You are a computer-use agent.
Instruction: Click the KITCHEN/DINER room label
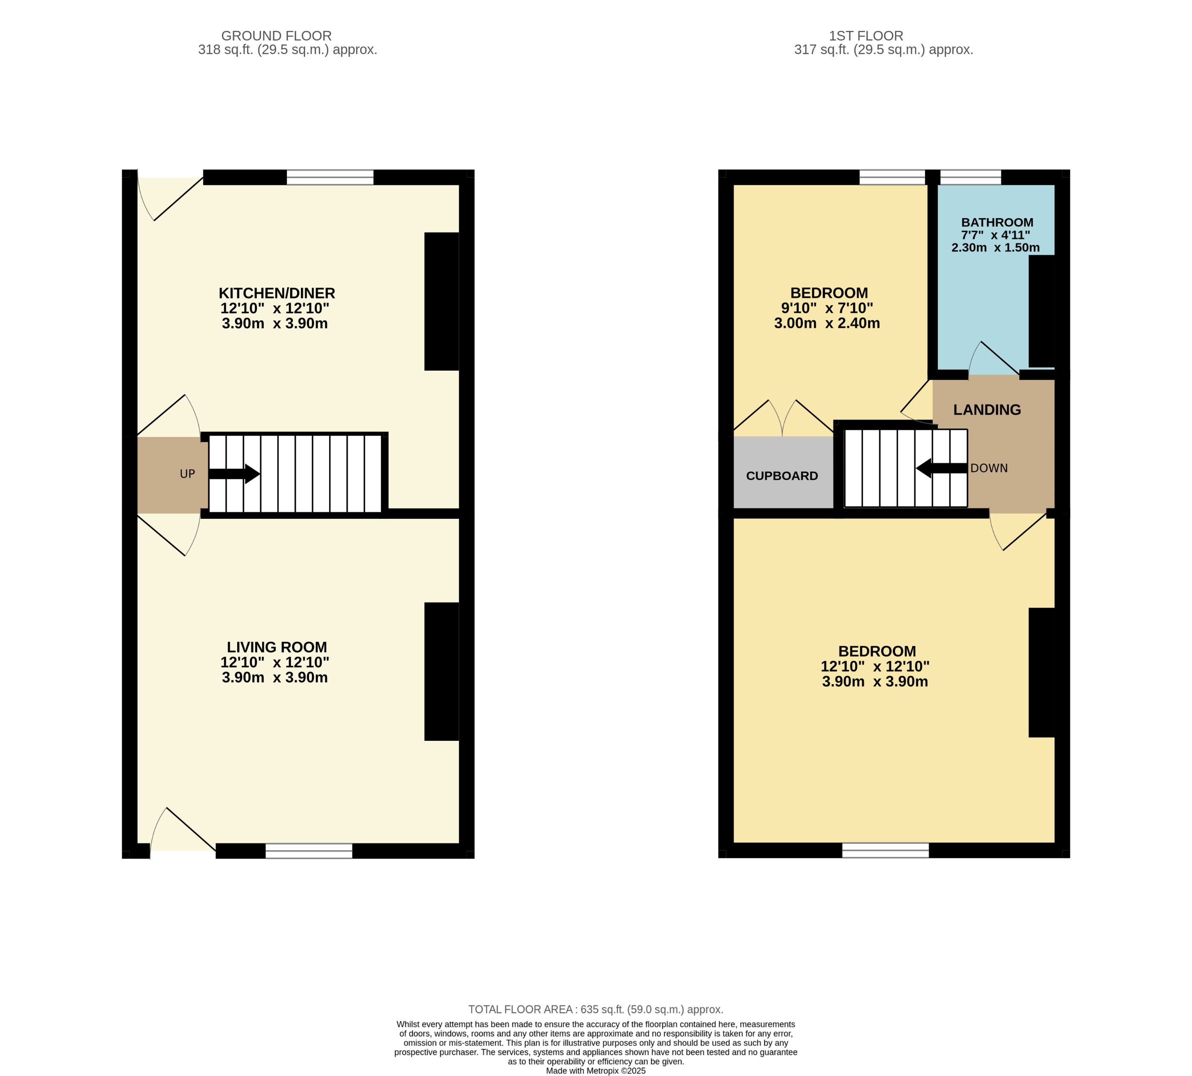[277, 293]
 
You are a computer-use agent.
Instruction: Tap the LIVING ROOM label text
[277, 647]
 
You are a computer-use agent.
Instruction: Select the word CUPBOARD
[781, 476]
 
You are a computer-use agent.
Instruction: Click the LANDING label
[986, 410]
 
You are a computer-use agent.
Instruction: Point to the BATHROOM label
[997, 222]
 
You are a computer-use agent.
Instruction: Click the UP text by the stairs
[187, 474]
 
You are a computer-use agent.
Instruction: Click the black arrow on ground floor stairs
[235, 474]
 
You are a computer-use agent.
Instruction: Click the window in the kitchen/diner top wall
[330, 177]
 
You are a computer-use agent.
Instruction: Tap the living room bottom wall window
[309, 851]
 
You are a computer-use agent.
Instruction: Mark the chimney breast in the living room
[441, 671]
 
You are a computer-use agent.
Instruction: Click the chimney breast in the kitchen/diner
[441, 301]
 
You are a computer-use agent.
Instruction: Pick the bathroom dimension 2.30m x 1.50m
[995, 248]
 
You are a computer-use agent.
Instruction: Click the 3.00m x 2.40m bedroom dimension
[826, 323]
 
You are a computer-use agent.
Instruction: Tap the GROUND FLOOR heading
[276, 36]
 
